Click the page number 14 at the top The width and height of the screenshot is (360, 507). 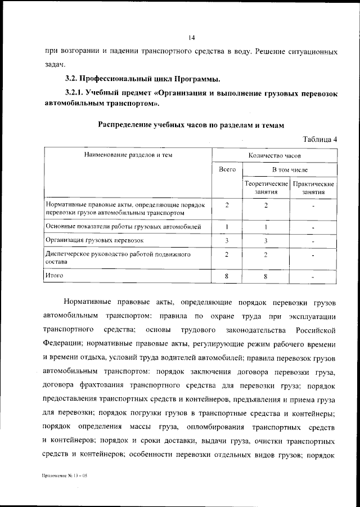pos(191,38)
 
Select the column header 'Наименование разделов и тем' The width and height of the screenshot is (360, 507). pos(128,154)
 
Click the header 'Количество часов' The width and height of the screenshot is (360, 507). pos(274,154)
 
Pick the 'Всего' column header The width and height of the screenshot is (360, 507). pos(227,169)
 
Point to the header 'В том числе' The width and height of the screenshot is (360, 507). pos(290,169)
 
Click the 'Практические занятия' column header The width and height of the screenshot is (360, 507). pos(314,188)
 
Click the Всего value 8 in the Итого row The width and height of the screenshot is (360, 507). pos(226,276)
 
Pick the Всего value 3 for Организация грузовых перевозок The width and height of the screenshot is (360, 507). pos(226,241)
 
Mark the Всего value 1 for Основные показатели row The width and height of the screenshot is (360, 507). pos(226,227)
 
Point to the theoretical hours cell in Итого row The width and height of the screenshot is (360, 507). pos(265,276)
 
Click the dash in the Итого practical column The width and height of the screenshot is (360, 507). pos(313,277)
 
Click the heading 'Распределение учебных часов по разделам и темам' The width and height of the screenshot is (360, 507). pos(191,124)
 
